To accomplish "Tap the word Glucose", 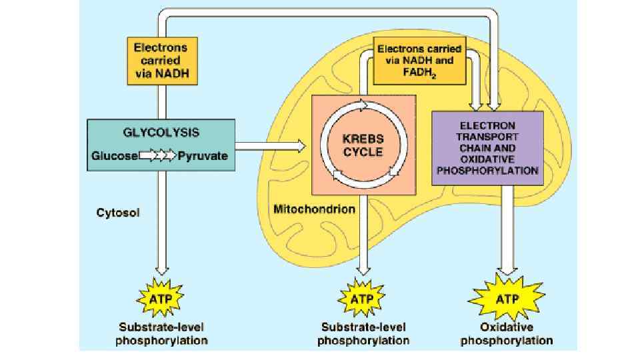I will (x=114, y=156).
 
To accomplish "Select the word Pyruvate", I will (x=203, y=156).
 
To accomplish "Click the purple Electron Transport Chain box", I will (x=487, y=148).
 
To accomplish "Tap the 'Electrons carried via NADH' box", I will (x=161, y=61).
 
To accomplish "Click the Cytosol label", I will (x=118, y=213).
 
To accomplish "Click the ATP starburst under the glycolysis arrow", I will (x=161, y=299).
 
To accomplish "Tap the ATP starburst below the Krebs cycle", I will (x=363, y=299).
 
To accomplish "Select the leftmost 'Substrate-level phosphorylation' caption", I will (x=162, y=334).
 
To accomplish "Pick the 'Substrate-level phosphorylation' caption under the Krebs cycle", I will (x=363, y=334).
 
